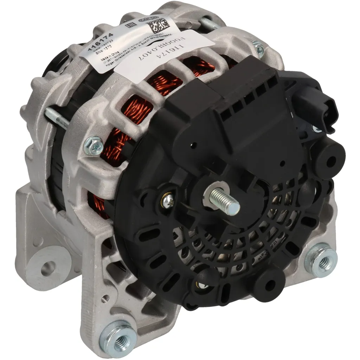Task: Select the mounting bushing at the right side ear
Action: coord(321,259)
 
